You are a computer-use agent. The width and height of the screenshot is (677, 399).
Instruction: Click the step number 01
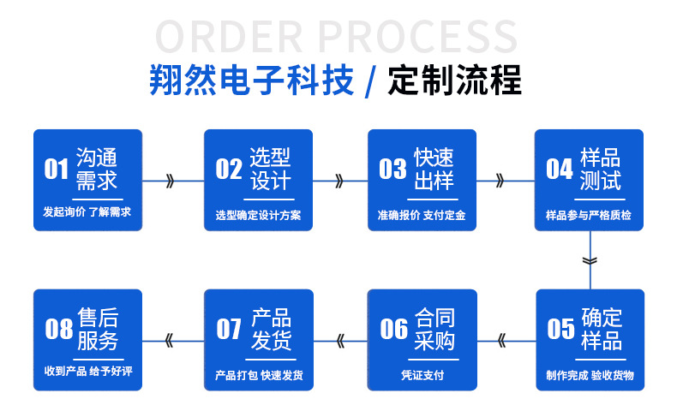(56, 169)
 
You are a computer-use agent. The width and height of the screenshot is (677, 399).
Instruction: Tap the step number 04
(560, 169)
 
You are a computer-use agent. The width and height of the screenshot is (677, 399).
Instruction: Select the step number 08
(58, 328)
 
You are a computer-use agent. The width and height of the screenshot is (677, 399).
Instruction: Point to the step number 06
(394, 328)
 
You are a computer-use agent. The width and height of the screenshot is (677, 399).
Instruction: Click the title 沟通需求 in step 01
(97, 169)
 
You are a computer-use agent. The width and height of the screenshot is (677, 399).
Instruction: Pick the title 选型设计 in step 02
(270, 169)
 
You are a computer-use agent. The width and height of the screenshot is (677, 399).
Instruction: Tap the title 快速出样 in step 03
(434, 169)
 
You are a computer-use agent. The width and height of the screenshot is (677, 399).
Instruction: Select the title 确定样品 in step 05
(602, 328)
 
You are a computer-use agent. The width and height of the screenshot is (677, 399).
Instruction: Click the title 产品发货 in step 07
(270, 328)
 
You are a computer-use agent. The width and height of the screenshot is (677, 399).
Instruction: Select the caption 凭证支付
(422, 375)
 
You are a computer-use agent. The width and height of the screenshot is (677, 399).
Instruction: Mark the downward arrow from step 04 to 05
(588, 259)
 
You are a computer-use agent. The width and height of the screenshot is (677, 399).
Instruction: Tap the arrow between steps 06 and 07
(340, 341)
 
